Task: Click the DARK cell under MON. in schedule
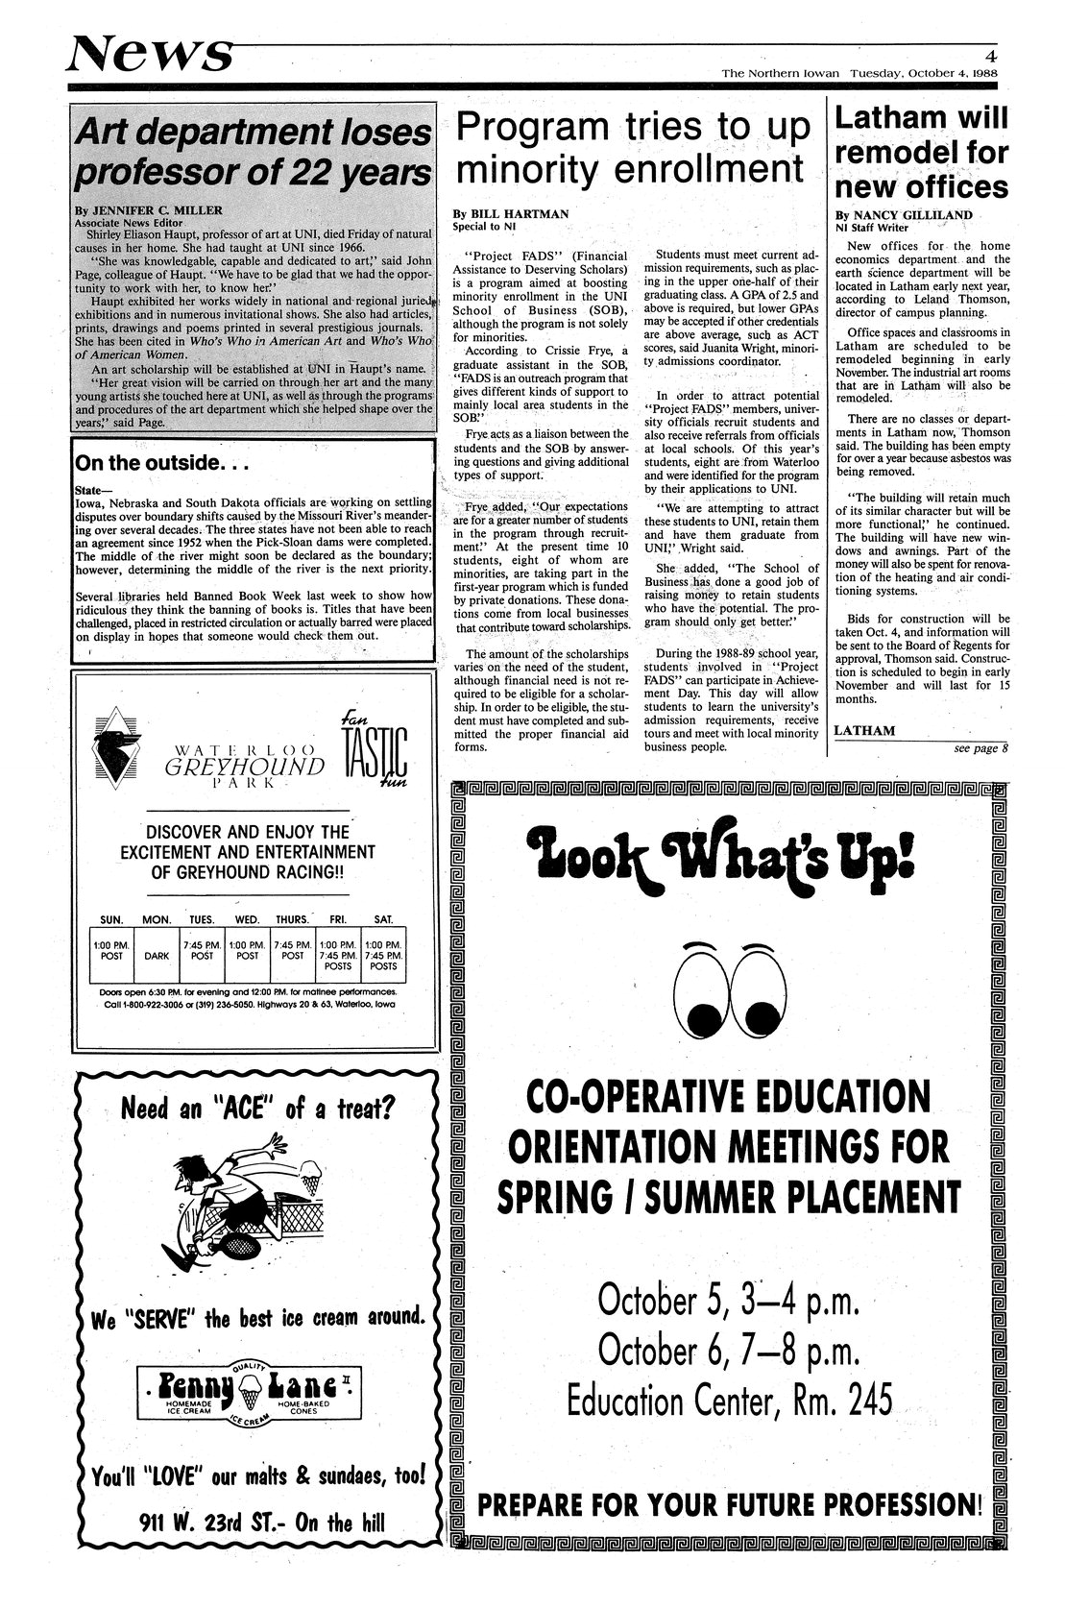click(157, 956)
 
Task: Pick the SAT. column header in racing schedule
click(383, 919)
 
